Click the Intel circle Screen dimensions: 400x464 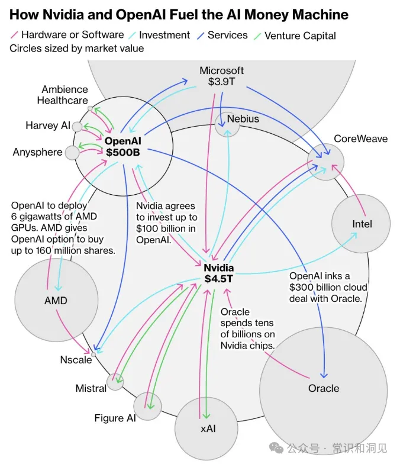[361, 224]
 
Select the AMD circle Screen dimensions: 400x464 [56, 300]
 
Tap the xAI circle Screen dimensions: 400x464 [206, 428]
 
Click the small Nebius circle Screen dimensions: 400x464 [227, 124]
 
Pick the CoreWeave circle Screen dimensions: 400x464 [325, 162]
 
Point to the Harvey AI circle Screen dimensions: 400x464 [77, 127]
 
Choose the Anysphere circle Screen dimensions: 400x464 [72, 153]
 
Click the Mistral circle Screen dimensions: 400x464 [115, 382]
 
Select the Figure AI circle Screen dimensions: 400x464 [147, 406]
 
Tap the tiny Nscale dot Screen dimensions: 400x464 [93, 354]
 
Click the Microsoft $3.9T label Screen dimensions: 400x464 [221, 76]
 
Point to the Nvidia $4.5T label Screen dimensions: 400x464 [219, 273]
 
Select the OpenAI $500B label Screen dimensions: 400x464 [123, 147]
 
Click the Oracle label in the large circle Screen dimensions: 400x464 [324, 388]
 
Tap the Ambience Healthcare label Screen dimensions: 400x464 [63, 95]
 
